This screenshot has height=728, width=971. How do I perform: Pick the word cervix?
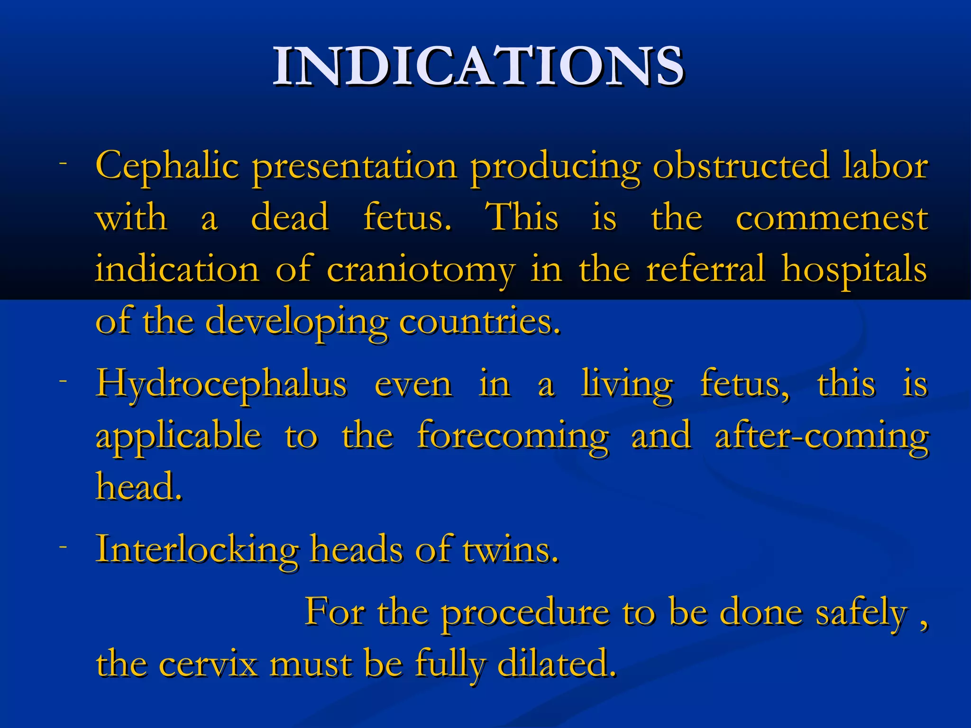tap(208, 664)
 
